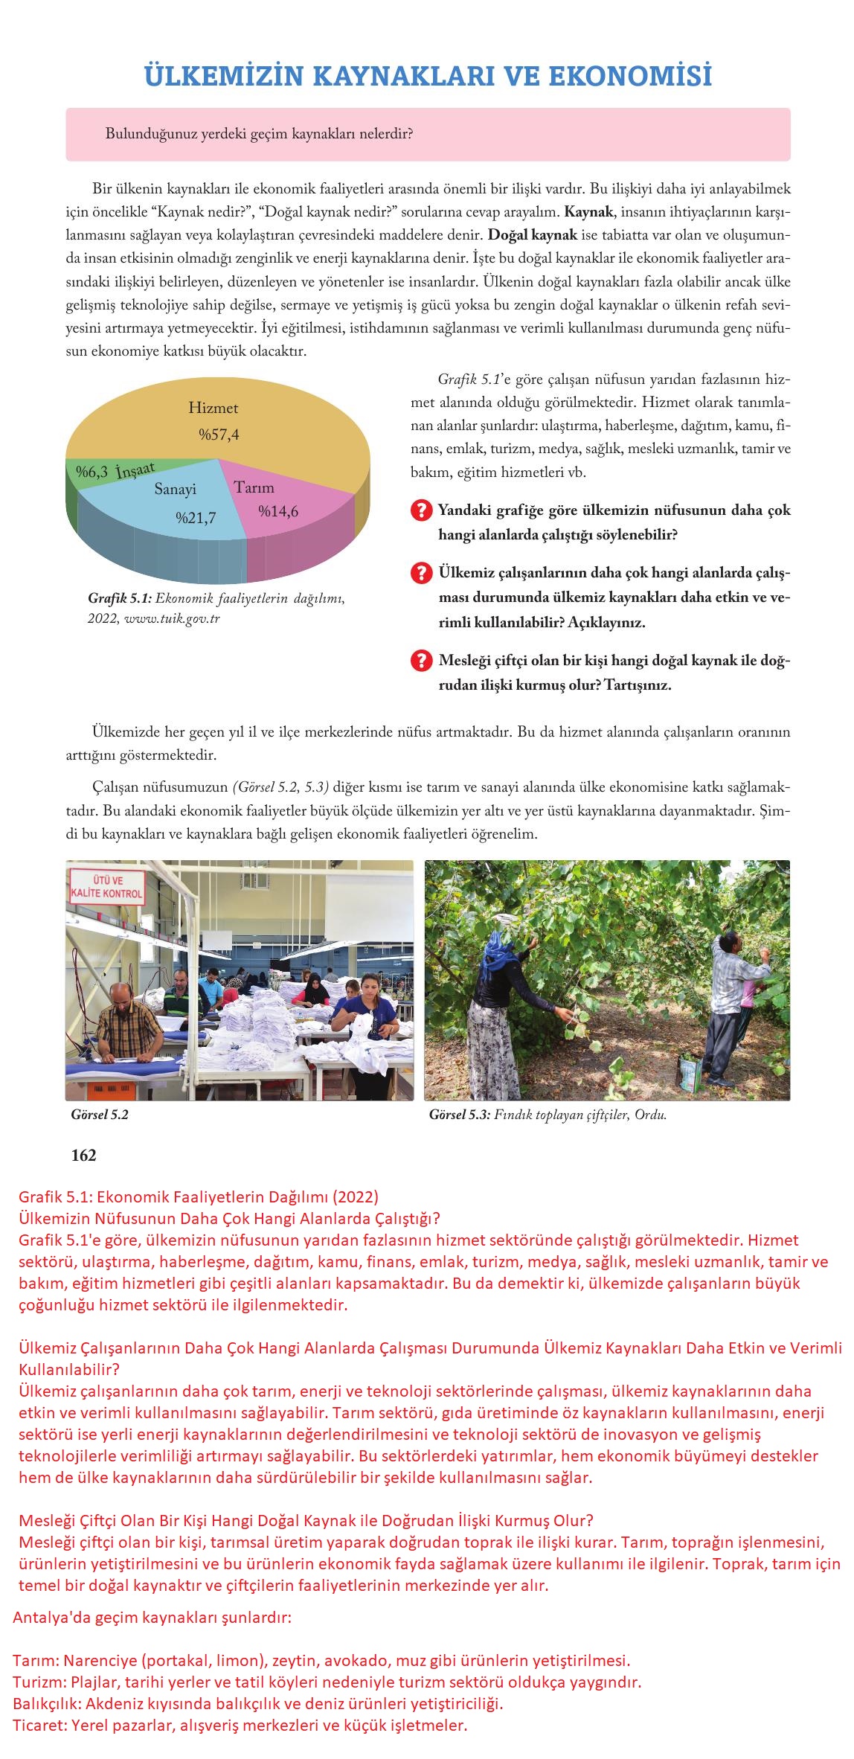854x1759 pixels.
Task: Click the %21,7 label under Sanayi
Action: click(x=196, y=518)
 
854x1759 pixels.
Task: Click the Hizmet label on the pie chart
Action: click(x=213, y=408)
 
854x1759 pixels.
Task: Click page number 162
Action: click(x=83, y=1156)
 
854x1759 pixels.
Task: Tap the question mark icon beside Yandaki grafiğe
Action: click(x=421, y=510)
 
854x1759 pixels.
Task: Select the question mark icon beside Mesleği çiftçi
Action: click(x=421, y=661)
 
